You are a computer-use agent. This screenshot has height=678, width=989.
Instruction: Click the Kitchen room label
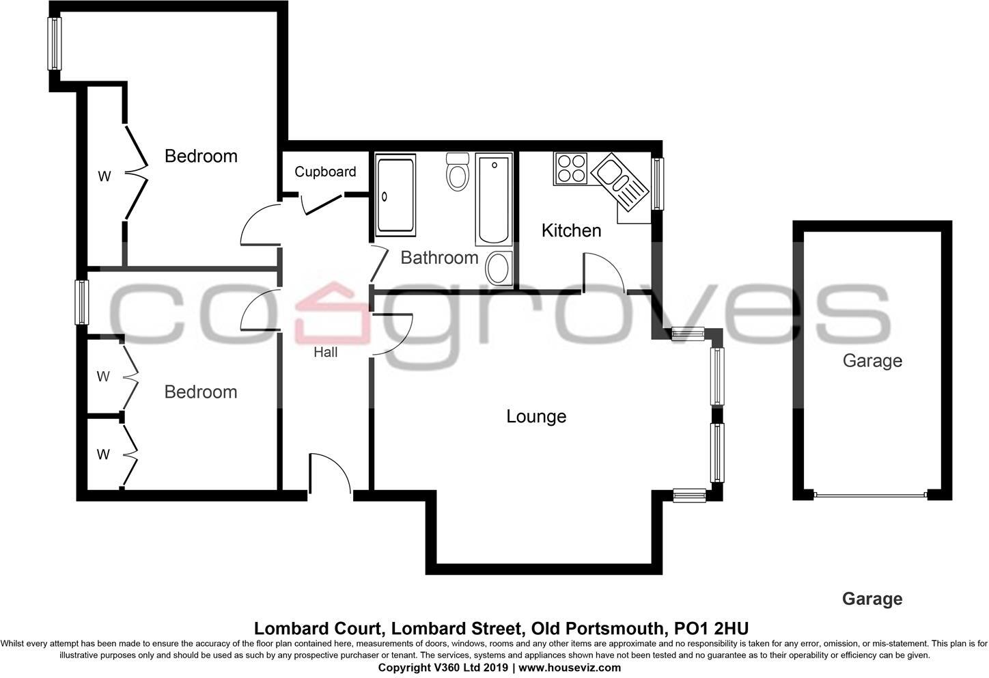pos(571,230)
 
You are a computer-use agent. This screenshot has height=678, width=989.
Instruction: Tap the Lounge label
pos(536,416)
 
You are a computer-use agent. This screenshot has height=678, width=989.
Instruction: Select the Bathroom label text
pos(439,258)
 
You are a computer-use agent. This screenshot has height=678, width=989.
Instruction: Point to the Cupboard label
pos(325,172)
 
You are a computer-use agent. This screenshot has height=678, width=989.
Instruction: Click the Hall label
pos(326,353)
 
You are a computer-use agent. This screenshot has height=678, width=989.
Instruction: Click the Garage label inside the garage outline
pos(872,360)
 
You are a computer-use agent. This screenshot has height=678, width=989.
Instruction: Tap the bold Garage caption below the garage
pos(872,599)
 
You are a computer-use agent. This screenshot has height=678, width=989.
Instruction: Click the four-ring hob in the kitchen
pos(571,168)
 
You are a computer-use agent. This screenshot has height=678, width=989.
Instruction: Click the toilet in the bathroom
pos(457,172)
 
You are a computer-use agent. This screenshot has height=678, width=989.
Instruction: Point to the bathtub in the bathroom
pos(494,200)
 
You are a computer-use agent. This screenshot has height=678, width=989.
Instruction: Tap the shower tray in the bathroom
pos(395,197)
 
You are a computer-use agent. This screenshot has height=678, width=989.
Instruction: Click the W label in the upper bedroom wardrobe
pos(104,176)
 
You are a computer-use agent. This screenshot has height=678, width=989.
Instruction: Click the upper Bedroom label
pos(201,156)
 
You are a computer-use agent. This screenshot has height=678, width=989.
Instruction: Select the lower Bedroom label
pos(201,392)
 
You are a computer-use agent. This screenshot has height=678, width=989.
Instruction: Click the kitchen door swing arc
pos(604,272)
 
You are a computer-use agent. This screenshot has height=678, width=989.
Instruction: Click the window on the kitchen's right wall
pos(658,183)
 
